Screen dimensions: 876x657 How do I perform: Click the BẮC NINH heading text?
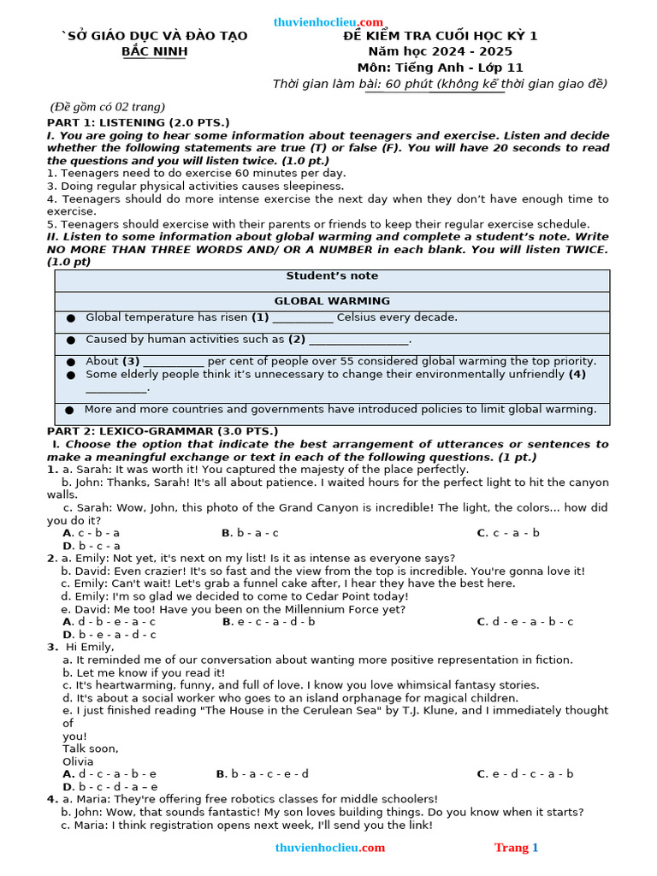154,51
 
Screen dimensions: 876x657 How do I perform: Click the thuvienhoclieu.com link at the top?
328,22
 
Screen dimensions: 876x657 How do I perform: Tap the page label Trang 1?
516,848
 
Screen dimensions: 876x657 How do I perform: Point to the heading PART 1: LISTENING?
138,122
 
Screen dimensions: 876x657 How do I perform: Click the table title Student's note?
332,276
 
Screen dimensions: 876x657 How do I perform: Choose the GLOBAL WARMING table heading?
332,301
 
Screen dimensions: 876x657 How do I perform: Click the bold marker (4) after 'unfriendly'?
577,375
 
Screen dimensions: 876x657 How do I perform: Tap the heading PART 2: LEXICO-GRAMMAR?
163,431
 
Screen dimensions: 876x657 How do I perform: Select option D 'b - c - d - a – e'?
110,787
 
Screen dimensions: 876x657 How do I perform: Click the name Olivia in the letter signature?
78,761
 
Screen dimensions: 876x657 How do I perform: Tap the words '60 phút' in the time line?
409,84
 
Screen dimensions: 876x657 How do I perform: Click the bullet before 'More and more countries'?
68,411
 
